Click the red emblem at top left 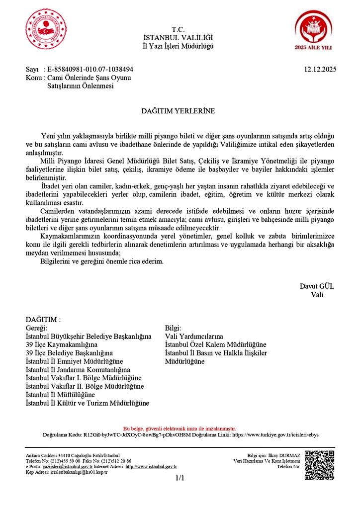click(x=45, y=30)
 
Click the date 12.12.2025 click(x=320, y=70)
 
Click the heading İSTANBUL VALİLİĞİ click(x=178, y=38)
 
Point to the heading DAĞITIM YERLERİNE click(x=179, y=111)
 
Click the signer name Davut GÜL click(x=317, y=286)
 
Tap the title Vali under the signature click(x=317, y=294)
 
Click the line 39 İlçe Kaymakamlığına click(x=61, y=344)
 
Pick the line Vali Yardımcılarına click(x=194, y=337)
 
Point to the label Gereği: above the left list click(x=36, y=328)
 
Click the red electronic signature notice click(x=180, y=428)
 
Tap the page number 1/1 click(x=180, y=478)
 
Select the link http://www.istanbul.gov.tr click(x=151, y=467)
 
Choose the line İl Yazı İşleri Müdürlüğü click(x=178, y=46)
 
